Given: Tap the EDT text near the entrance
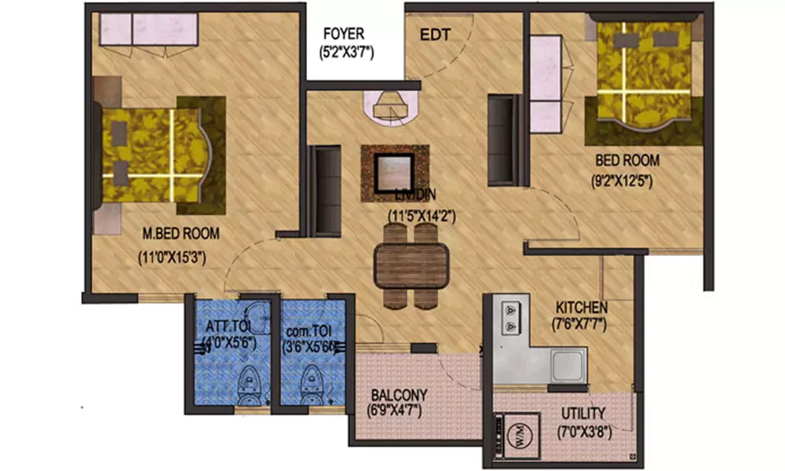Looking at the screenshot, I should [435, 35].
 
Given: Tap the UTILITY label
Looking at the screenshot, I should [582, 413].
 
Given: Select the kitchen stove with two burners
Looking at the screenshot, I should [510, 317].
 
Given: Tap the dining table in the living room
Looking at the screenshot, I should [411, 265].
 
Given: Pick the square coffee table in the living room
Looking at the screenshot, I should [395, 173].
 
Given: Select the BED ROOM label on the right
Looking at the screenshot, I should [626, 160].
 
